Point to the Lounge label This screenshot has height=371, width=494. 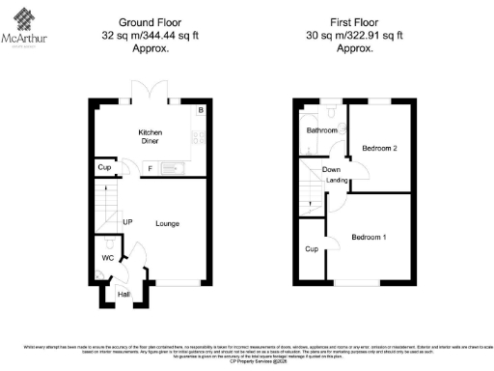point(166,223)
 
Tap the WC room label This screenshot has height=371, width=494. point(108,258)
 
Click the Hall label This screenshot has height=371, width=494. point(123,295)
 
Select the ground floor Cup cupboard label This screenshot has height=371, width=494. point(104,167)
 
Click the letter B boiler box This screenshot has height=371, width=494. point(200,111)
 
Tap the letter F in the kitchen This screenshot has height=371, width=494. point(150,170)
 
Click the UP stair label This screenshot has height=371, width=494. point(126,222)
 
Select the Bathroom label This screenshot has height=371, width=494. point(321,129)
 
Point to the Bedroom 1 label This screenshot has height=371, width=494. point(369,237)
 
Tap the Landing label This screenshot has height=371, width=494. point(338,180)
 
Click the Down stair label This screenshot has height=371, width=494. point(331,170)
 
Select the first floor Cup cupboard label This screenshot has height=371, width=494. point(311,248)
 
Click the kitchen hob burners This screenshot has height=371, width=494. point(199,136)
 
